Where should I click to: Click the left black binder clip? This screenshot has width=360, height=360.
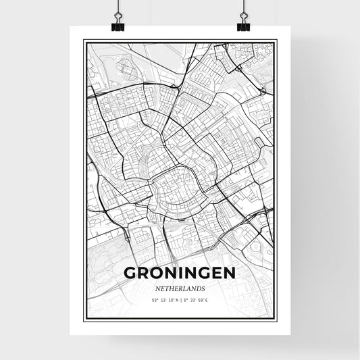118,25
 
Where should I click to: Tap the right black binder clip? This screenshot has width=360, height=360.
243,25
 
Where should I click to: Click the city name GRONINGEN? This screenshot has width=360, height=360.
180,273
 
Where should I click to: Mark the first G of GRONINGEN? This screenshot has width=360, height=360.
130,273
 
